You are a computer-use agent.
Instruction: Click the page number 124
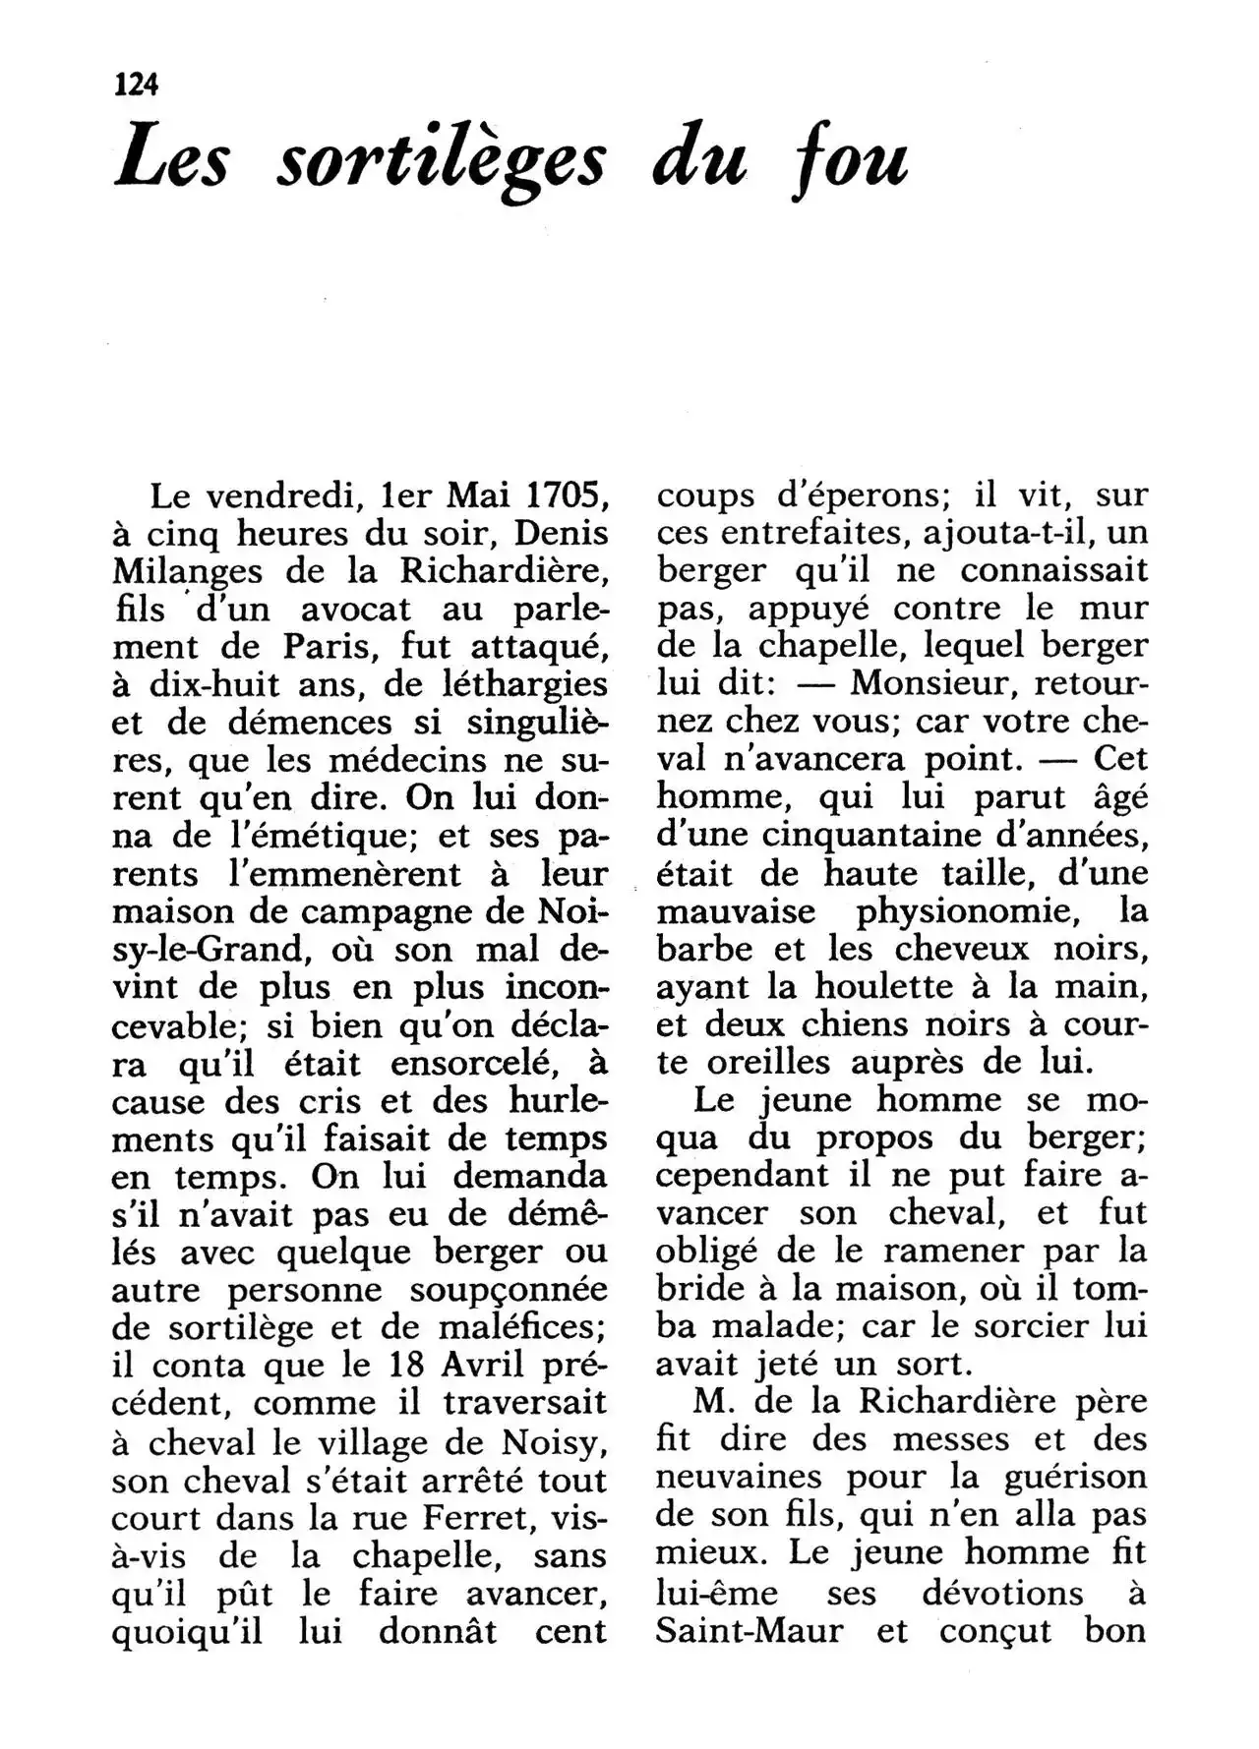(136, 85)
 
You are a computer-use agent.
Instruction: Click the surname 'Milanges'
(187, 572)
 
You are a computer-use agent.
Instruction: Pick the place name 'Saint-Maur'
(749, 1631)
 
